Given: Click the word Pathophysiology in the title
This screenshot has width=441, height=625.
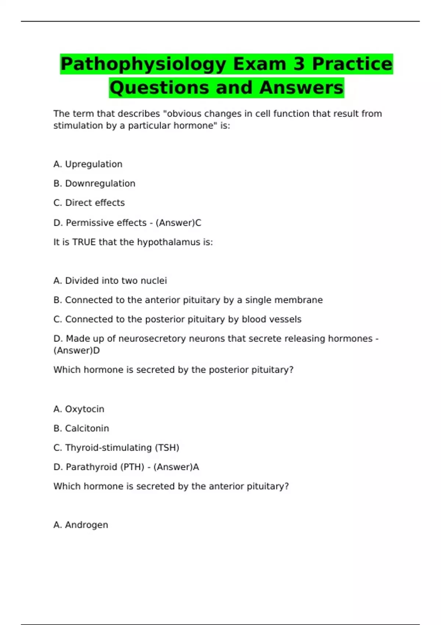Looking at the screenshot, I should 143,64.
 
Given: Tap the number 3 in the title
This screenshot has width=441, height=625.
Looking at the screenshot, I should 299,64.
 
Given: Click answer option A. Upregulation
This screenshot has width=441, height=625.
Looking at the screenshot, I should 88,164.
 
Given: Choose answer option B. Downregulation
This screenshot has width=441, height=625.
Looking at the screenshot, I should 94,183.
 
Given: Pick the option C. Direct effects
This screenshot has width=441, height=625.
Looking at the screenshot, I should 89,203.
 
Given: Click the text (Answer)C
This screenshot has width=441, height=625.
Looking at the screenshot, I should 178,223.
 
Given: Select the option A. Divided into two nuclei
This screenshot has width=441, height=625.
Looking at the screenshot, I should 110,281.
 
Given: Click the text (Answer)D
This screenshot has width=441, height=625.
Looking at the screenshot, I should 76,350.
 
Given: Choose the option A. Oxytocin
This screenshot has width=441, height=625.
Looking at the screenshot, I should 79,409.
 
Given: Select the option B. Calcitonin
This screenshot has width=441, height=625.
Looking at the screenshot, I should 81,428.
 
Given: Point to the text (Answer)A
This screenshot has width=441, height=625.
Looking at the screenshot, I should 176,467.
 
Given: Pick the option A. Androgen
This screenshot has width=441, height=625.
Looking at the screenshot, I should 81,525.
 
